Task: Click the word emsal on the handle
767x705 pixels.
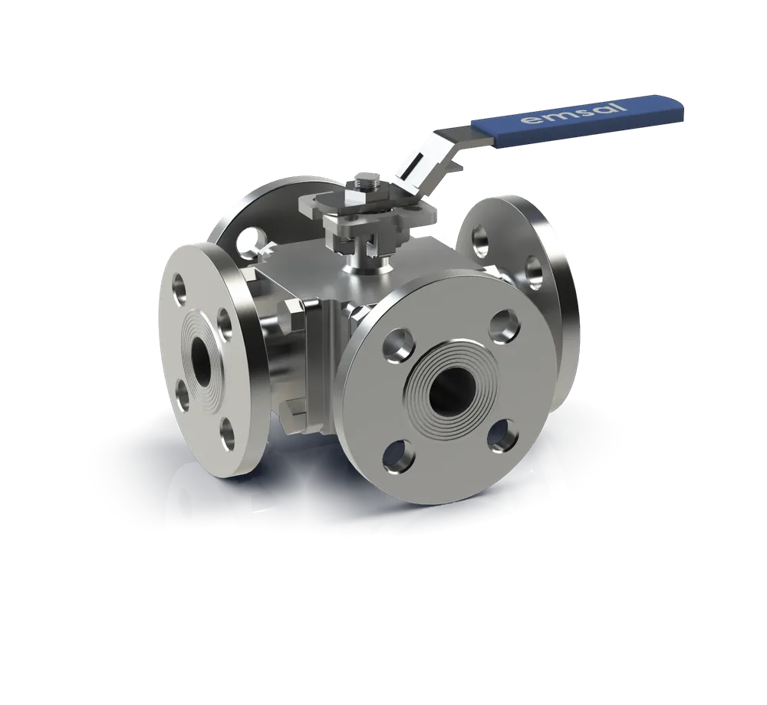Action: (574, 112)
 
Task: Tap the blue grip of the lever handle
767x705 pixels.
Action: (578, 120)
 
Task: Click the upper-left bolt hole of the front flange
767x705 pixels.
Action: (400, 345)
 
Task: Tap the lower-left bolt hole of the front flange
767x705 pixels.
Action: (399, 457)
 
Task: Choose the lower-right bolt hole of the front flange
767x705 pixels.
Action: (504, 435)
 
